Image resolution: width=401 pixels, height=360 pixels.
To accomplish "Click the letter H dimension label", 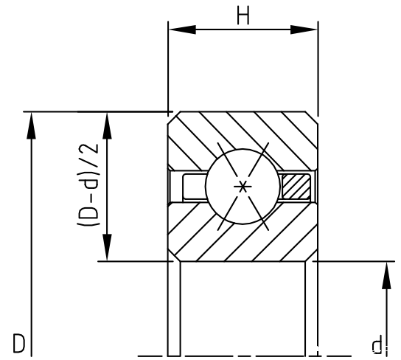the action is click(243, 15).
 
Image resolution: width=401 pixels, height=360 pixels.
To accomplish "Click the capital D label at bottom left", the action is click(19, 343).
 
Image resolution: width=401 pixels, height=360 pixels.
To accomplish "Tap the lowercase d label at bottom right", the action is click(378, 343).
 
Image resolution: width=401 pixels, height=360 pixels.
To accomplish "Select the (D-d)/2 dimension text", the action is click(88, 184).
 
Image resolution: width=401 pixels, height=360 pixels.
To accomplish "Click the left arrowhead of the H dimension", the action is click(182, 30).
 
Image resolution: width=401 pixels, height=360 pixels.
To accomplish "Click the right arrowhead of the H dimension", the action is click(304, 30).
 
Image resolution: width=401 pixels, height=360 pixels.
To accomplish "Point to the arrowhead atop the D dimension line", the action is click(32, 125).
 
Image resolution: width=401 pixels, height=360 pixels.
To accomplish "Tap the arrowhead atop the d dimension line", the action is click(386, 275).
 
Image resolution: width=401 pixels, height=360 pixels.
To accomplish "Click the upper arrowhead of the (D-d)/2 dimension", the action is click(107, 125).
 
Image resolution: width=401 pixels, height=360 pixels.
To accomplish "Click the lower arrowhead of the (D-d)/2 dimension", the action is click(107, 247).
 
